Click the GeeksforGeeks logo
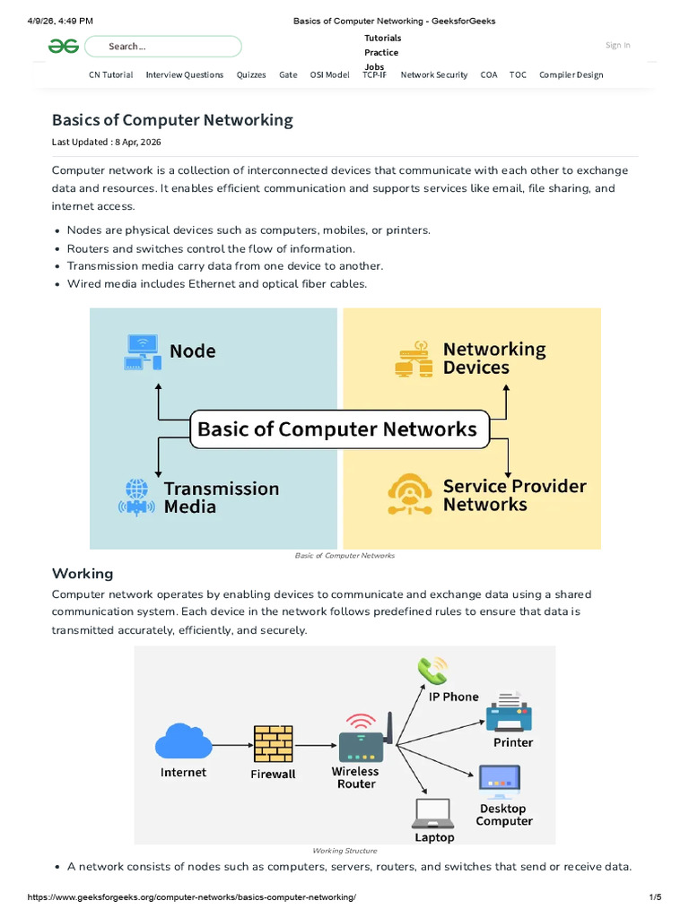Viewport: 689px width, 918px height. [64, 47]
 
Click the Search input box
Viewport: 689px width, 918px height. [163, 47]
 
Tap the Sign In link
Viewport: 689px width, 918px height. [617, 45]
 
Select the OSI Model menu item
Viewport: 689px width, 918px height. [329, 75]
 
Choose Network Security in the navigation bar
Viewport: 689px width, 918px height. [434, 75]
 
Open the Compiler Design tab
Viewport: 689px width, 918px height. [571, 75]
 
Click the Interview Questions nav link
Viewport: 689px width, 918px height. [185, 75]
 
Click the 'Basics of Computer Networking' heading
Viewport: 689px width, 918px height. [172, 120]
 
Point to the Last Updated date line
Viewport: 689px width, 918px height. [106, 142]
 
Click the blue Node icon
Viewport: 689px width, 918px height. [143, 351]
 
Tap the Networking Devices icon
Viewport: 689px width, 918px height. [414, 359]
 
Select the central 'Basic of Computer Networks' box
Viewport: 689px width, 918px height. [339, 429]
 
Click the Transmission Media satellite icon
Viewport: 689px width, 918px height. [136, 498]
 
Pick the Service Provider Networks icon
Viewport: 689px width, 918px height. [409, 494]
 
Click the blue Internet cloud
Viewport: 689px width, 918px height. [183, 741]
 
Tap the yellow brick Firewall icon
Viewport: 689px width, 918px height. [273, 744]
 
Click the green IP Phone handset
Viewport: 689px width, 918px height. [432, 671]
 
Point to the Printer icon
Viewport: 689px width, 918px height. [510, 711]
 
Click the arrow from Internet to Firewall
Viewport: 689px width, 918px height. [232, 745]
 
